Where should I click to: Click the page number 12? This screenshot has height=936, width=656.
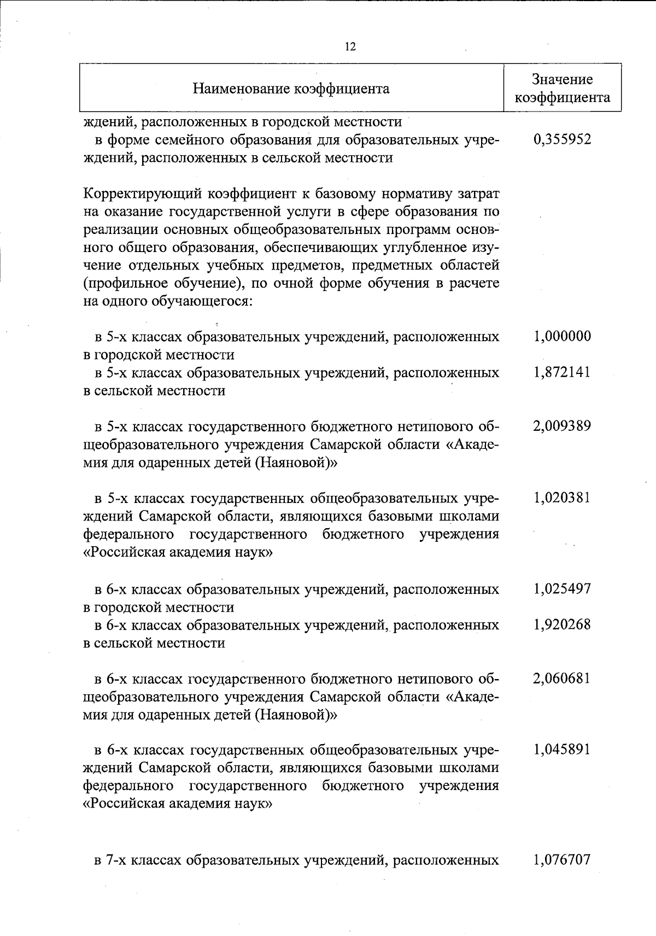click(x=350, y=47)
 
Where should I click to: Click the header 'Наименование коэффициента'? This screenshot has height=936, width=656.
click(x=291, y=89)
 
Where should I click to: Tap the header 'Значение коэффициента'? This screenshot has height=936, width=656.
click(x=563, y=89)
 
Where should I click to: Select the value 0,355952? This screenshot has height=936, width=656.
click(x=562, y=139)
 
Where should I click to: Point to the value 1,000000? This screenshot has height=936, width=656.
click(x=562, y=336)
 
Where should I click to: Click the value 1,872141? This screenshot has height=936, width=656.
click(x=562, y=372)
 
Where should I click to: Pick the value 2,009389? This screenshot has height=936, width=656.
click(x=562, y=426)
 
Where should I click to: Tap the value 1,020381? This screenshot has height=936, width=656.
click(x=562, y=498)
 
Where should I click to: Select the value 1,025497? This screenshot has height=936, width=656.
click(x=562, y=589)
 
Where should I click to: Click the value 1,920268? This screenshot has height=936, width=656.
click(x=562, y=624)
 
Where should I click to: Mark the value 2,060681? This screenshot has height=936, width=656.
click(x=562, y=678)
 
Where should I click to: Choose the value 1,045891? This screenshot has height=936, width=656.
click(x=562, y=750)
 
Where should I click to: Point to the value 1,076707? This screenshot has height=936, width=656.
click(x=562, y=859)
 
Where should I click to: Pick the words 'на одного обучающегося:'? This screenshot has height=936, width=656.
click(x=167, y=302)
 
